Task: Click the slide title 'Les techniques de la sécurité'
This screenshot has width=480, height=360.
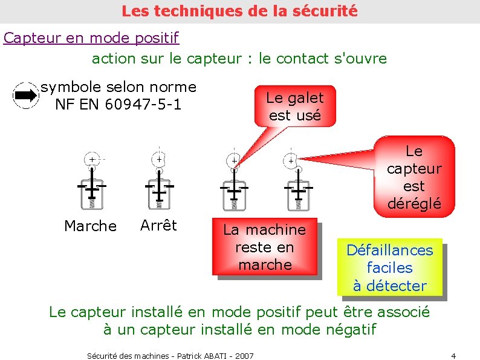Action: click(239, 11)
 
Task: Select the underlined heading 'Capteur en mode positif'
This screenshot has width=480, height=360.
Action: click(91, 38)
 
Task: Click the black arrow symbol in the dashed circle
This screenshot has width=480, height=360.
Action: click(25, 96)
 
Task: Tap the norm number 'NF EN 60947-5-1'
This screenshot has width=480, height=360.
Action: click(118, 105)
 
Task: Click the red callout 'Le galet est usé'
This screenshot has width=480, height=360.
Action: click(295, 106)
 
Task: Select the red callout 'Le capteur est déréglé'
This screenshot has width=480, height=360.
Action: click(414, 177)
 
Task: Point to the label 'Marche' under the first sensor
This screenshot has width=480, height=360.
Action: click(90, 226)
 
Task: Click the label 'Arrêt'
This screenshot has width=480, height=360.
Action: click(158, 226)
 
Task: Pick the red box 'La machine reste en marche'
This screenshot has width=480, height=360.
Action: click(264, 247)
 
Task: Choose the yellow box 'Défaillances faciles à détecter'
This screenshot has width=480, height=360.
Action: click(390, 267)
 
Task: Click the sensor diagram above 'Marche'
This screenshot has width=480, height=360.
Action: click(91, 178)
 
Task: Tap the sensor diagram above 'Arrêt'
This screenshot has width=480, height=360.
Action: click(159, 177)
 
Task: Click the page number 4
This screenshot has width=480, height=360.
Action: click(453, 355)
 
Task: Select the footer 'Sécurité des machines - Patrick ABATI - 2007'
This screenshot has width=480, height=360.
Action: click(170, 356)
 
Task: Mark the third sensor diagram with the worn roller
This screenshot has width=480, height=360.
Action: click(233, 180)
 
